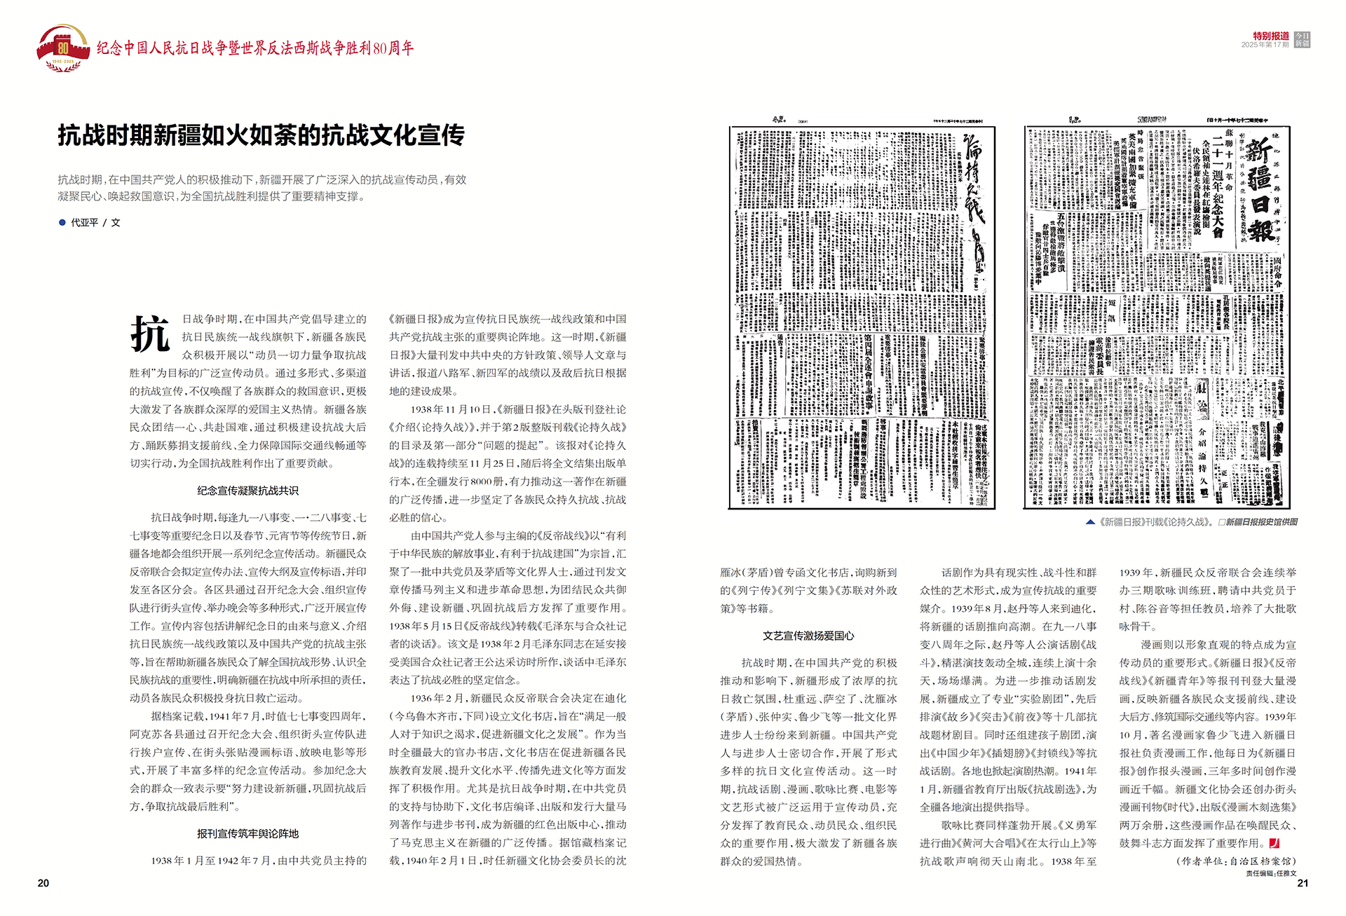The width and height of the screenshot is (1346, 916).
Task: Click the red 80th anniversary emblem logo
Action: coord(63,48)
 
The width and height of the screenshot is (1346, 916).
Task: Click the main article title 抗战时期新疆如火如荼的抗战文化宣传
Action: coord(261,135)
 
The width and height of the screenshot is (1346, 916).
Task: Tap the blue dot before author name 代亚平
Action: coord(62,222)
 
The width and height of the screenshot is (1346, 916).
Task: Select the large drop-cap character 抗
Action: coord(150,334)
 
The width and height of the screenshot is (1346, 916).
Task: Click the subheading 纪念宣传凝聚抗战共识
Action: coord(247,491)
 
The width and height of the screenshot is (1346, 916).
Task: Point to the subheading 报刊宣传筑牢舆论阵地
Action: coord(247,833)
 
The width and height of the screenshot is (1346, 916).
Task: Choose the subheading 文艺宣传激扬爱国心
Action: coord(808,636)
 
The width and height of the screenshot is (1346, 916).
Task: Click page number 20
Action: coord(43,883)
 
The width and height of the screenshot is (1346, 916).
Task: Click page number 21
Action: coord(1302,883)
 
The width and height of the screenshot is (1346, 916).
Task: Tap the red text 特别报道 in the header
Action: coord(1271,36)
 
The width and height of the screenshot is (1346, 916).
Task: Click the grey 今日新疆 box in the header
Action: coord(1302,39)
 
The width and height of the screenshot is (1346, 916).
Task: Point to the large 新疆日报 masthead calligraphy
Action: coord(1260,189)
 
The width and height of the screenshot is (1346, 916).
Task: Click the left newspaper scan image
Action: coord(862,317)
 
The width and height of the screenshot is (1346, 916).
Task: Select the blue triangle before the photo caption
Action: coord(1090,522)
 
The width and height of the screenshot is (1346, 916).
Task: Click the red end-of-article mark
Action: coord(1274,843)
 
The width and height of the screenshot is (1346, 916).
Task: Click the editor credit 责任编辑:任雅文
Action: coord(1271,873)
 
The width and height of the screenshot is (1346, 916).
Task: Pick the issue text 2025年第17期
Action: coord(1265,45)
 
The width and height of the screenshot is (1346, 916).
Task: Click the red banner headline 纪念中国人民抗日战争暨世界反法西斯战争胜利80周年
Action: coord(255,48)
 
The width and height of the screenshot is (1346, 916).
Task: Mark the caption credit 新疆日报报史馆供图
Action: coord(1261,522)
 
